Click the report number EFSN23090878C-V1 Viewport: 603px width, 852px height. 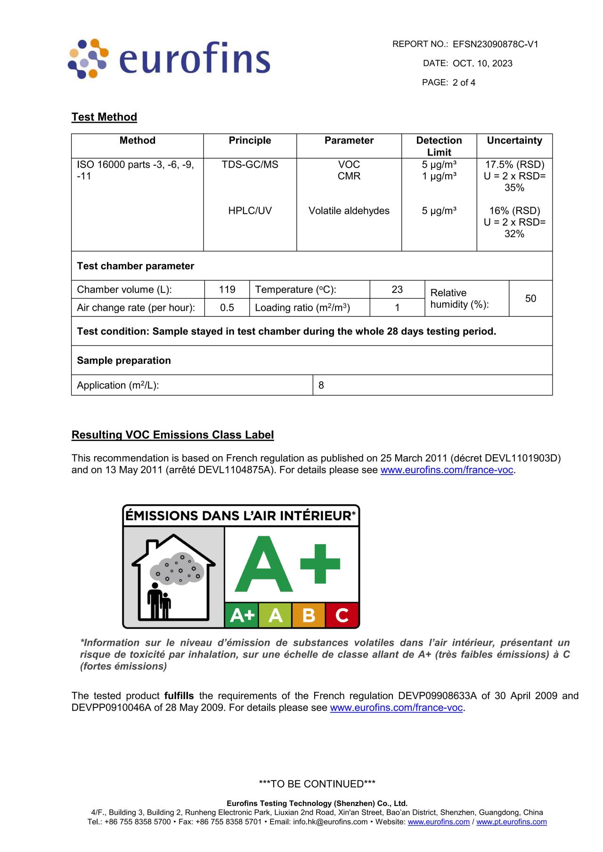pyautogui.click(x=495, y=44)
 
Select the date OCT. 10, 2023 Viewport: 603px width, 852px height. pyautogui.click(x=482, y=64)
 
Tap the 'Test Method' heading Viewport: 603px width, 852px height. pyautogui.click(x=104, y=117)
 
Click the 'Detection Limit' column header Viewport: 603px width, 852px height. pyautogui.click(x=439, y=146)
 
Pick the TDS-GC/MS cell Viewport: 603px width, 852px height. pyautogui.click(x=250, y=164)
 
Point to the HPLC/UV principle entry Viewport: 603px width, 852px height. pyautogui.click(x=250, y=210)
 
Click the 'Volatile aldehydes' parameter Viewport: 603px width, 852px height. pyautogui.click(x=349, y=210)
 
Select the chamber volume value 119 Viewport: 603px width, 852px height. pyautogui.click(x=227, y=289)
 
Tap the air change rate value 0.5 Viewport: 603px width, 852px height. pyautogui.click(x=227, y=307)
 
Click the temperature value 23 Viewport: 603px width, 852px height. pyautogui.click(x=397, y=289)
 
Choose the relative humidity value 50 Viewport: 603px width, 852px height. pyautogui.click(x=530, y=298)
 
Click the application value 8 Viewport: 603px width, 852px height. pyautogui.click(x=321, y=385)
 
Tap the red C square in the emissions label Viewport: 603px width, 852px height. pyautogui.click(x=342, y=615)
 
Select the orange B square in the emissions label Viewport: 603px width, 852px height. pyautogui.click(x=309, y=615)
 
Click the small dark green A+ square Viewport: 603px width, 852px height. pyautogui.click(x=242, y=615)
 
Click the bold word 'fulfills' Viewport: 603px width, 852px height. pyautogui.click(x=179, y=696)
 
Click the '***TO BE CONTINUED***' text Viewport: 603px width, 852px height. pyautogui.click(x=317, y=784)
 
